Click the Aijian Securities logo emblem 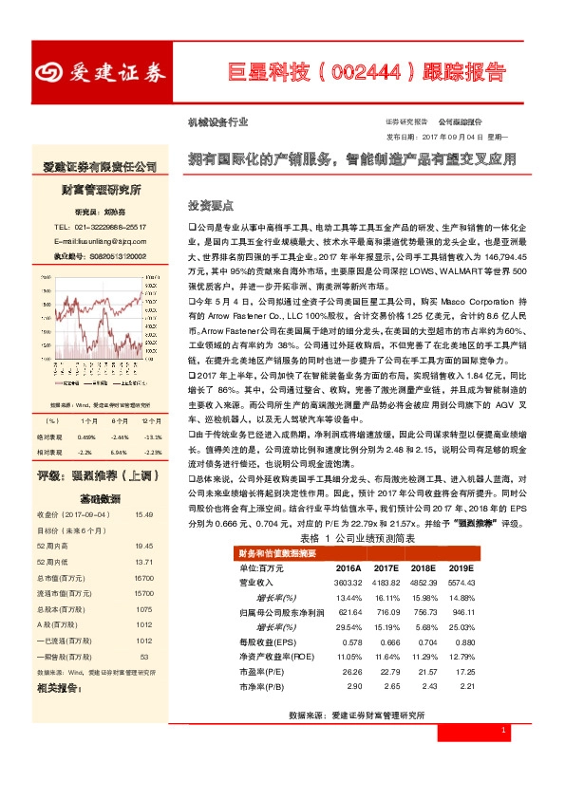click(49, 73)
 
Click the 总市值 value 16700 click(143, 577)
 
